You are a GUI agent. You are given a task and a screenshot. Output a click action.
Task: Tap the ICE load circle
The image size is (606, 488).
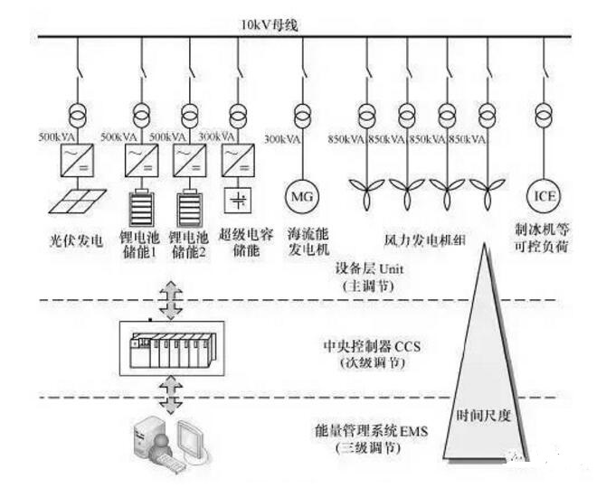543,193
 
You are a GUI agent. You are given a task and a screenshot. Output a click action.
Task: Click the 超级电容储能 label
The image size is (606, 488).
243,240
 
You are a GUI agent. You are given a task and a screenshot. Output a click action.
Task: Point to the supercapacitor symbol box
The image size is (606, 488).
238,198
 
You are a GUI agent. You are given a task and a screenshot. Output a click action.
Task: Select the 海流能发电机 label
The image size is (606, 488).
300,240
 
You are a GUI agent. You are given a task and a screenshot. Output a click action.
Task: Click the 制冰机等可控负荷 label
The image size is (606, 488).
544,240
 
